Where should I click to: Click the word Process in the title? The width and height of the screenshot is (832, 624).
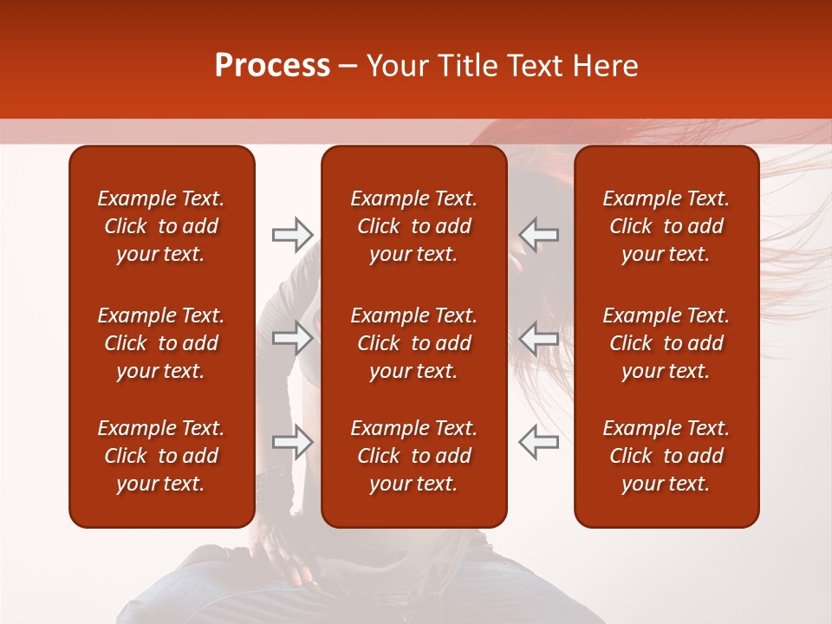coord(272,66)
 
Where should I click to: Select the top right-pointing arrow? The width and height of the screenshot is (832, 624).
coord(292,234)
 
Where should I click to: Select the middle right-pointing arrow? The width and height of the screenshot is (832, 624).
coord(292,338)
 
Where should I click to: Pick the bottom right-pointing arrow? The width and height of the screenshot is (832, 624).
coord(292,442)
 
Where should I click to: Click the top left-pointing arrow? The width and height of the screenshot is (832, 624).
coord(539,234)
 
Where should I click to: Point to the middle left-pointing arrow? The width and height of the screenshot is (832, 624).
coord(539,338)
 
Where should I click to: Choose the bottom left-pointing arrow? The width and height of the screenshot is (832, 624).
coord(539,442)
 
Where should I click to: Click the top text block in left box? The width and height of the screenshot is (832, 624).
coord(161,226)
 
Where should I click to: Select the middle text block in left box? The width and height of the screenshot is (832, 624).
coord(161,343)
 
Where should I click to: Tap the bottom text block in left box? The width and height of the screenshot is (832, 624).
coord(161,456)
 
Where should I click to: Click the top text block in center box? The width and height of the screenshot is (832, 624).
coord(414,226)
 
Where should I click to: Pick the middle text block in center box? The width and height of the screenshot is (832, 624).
coord(414,343)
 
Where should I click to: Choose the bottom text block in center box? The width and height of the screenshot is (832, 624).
coord(414,456)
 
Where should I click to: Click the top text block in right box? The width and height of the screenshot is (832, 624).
coord(666,226)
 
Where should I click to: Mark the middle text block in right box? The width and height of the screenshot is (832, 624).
coord(666,343)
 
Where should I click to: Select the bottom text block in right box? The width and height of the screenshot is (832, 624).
coord(666,456)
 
